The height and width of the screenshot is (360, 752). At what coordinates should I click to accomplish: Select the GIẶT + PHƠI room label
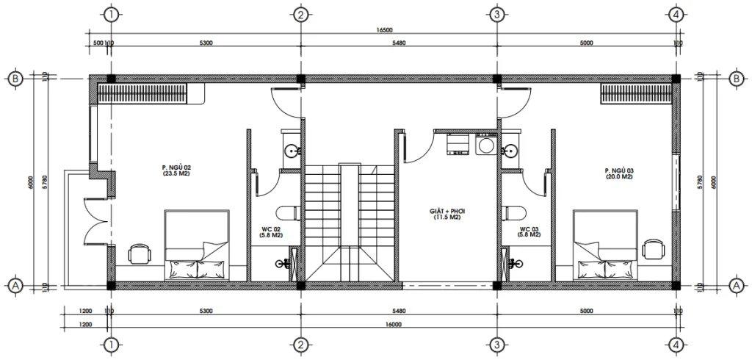(x=448, y=214)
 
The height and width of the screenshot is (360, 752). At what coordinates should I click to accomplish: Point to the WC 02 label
(x=271, y=231)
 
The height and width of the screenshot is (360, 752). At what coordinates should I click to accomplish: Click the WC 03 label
(x=529, y=231)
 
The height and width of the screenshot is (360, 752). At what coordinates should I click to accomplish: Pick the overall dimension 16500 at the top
(x=383, y=31)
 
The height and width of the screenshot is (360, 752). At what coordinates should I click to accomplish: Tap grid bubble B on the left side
(x=13, y=79)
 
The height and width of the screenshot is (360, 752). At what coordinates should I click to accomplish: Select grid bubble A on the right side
(x=736, y=284)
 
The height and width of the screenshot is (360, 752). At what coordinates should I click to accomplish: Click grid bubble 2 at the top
(x=300, y=13)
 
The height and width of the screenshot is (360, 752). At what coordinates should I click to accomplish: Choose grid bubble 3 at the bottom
(x=496, y=344)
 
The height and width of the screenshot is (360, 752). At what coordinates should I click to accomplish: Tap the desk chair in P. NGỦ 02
(x=139, y=253)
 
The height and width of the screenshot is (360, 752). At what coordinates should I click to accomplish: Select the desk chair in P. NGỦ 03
(x=651, y=249)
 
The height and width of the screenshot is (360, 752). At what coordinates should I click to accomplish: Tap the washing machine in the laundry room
(x=484, y=145)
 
